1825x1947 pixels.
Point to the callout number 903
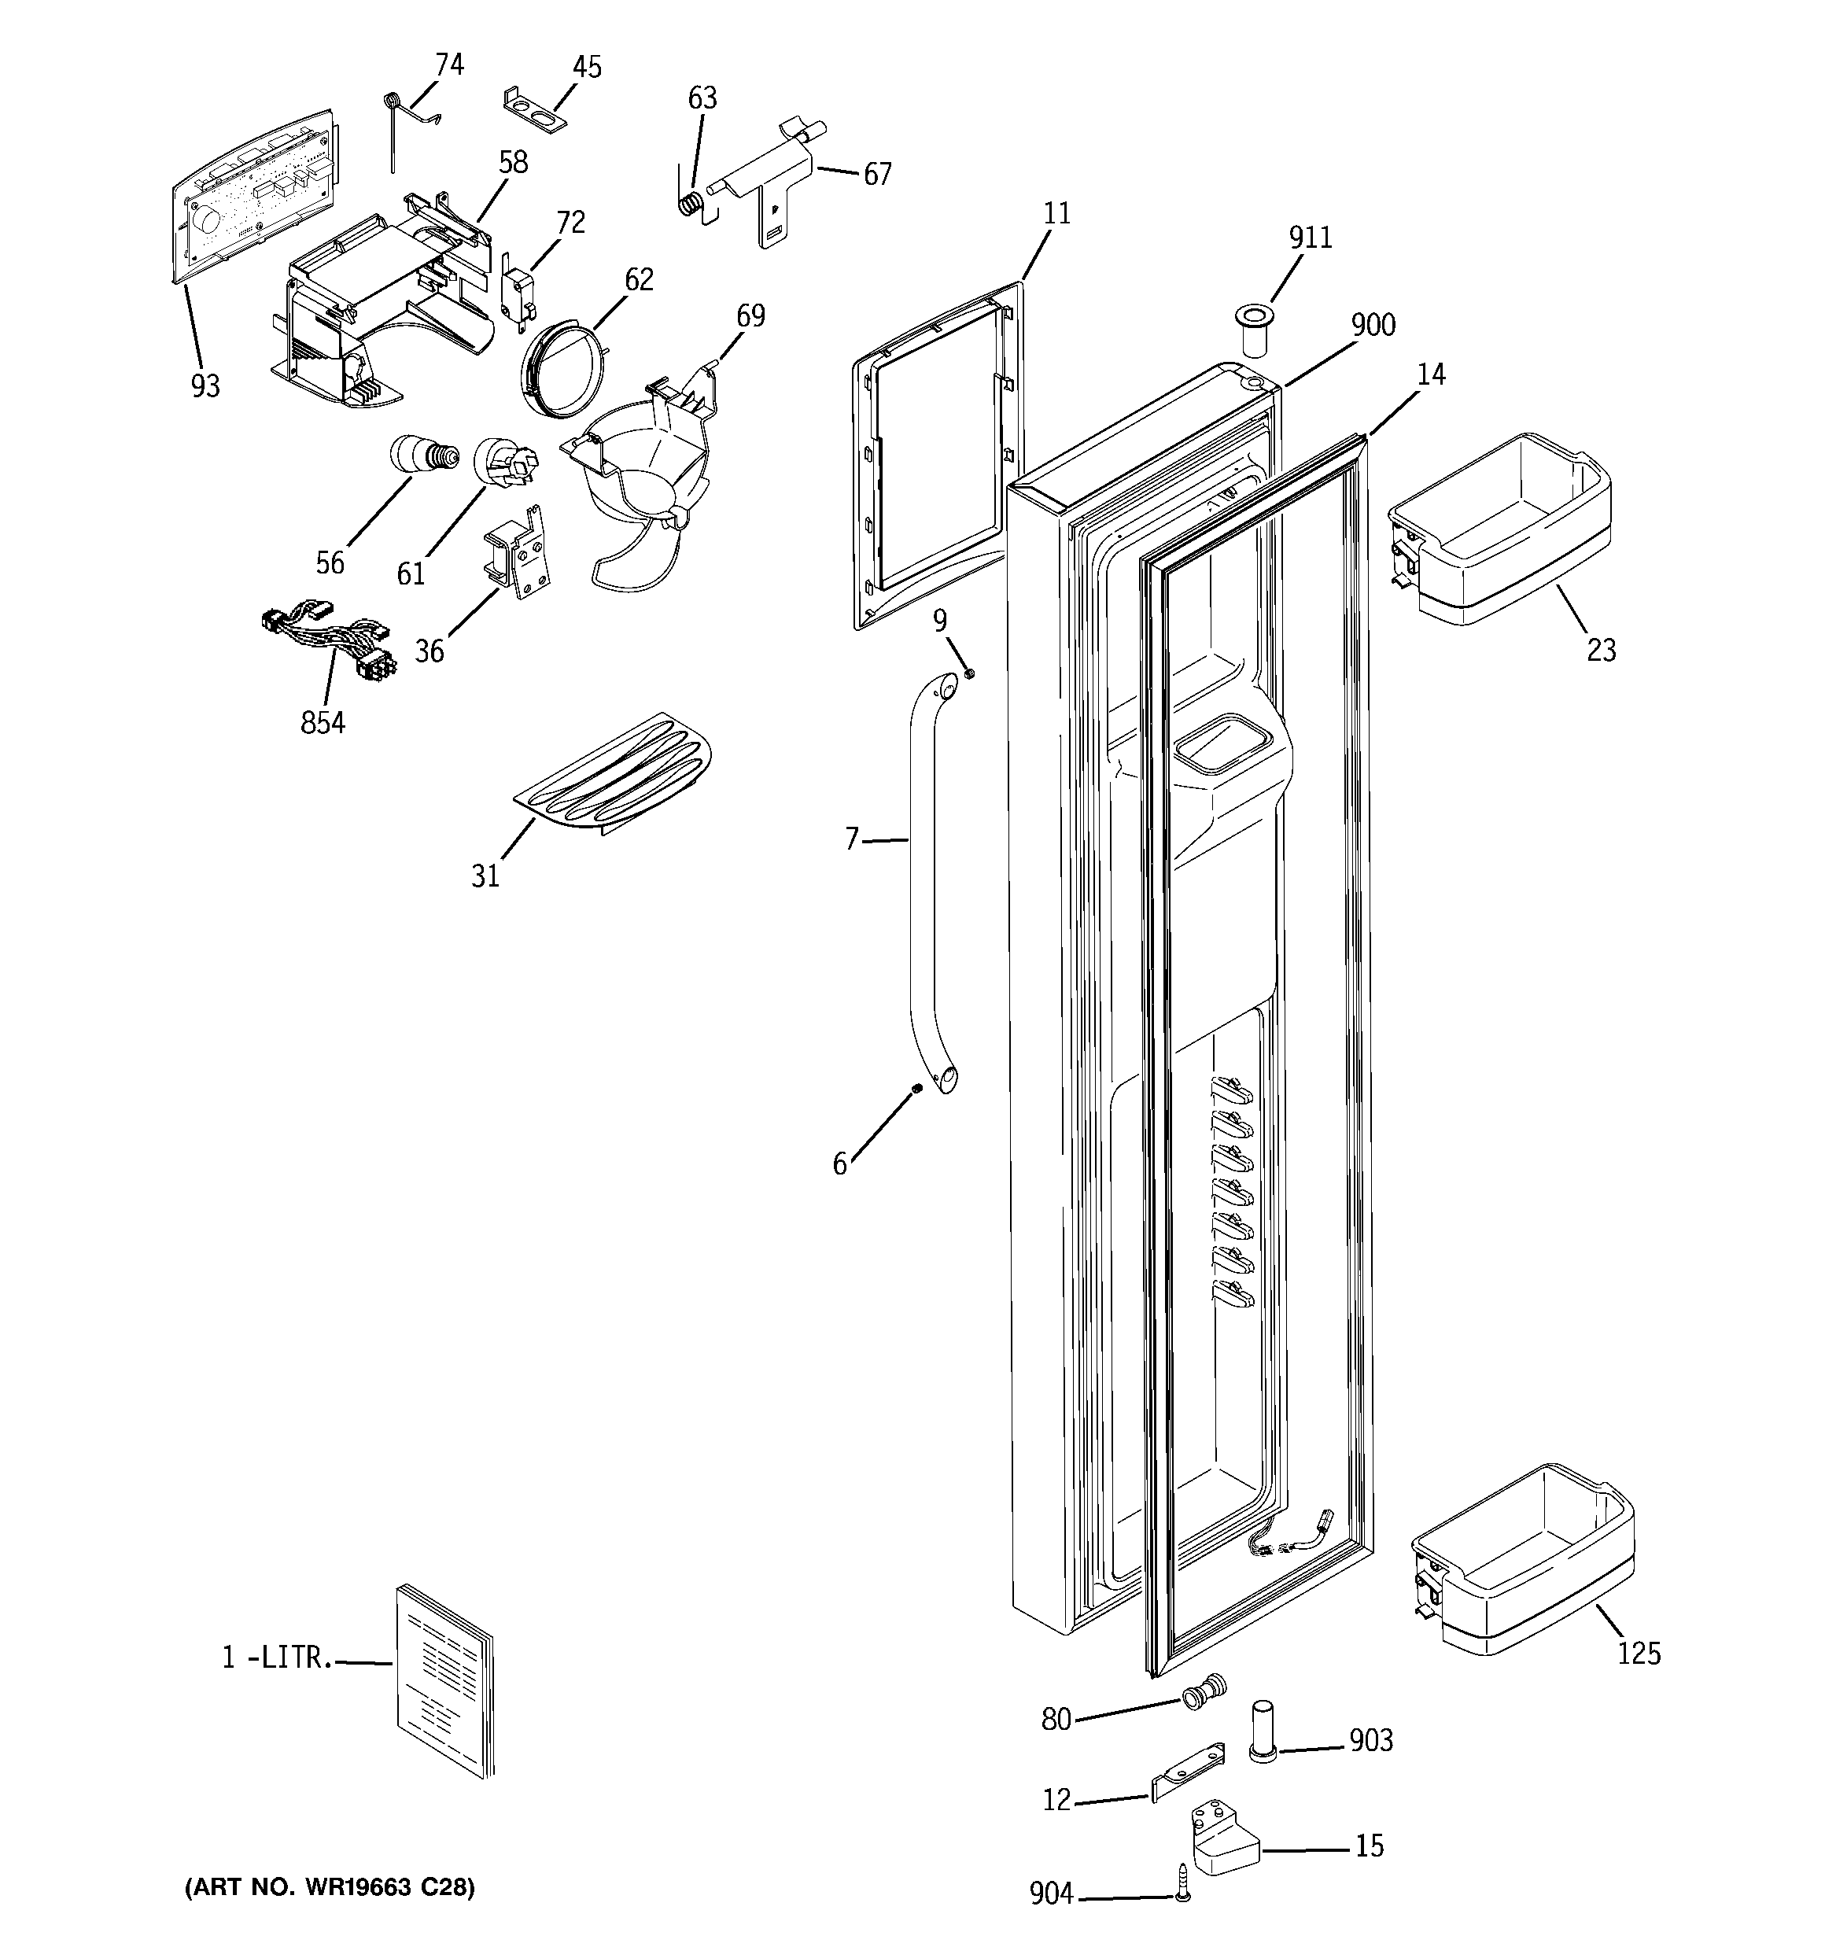coord(1370,1740)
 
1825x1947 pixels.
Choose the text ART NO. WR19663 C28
coord(330,1887)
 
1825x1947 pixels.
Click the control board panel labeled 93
coord(250,201)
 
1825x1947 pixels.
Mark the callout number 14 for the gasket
coord(1431,374)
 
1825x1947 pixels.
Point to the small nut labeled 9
coord(968,674)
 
